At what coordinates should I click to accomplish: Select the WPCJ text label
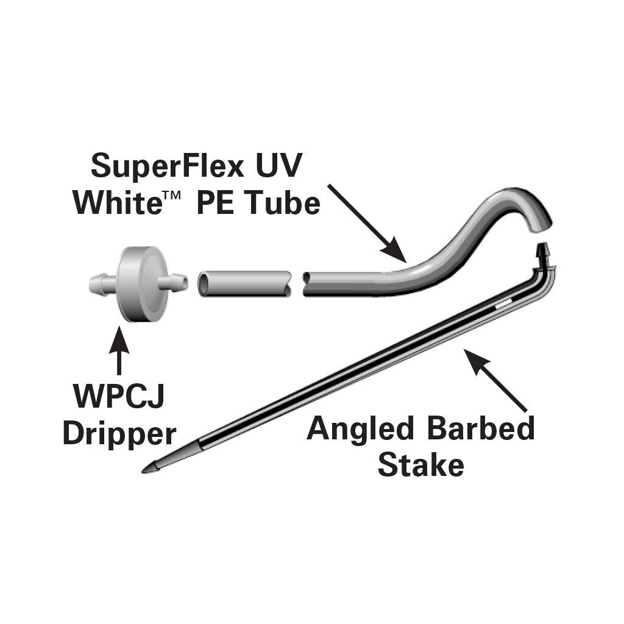[119, 395]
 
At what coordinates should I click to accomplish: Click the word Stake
[421, 464]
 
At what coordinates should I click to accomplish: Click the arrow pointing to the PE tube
[367, 224]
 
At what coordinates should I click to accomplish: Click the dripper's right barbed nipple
[173, 282]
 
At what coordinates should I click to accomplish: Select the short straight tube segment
[244, 283]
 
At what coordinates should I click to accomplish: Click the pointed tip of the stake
[143, 472]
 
